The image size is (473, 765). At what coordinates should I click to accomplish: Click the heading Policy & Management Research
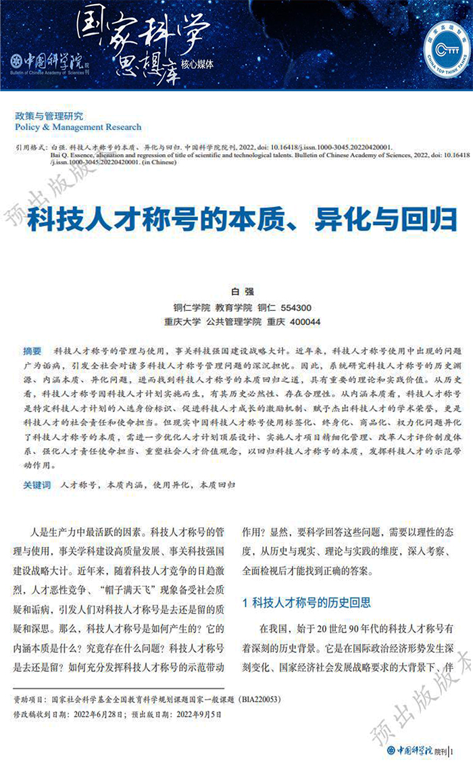pos(78,127)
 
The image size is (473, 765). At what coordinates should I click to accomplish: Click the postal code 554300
pos(296,306)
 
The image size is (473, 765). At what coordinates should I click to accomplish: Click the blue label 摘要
pos(32,351)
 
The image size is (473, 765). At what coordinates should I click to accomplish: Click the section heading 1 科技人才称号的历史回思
pos(306,601)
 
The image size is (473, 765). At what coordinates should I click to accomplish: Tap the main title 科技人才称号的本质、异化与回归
pos(242,220)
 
